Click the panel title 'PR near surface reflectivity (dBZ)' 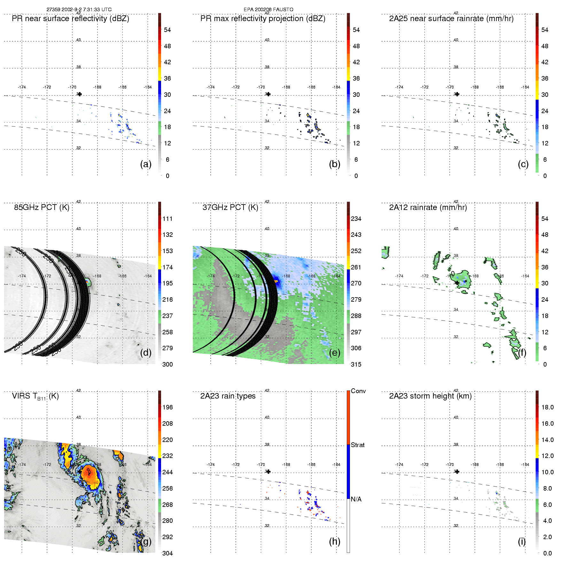click(70, 19)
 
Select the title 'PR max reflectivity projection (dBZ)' click(263, 19)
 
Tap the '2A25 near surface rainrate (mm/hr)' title click(451, 19)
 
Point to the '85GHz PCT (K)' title click(42, 207)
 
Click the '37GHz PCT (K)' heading click(230, 207)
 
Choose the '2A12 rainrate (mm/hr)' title click(428, 207)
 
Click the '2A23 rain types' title click(228, 396)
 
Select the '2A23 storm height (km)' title click(430, 396)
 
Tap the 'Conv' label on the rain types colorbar click(358, 391)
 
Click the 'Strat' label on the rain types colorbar click(358, 445)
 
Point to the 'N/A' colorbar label click(356, 499)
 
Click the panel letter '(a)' click(146, 164)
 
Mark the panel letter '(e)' click(335, 353)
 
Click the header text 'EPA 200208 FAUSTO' click(268, 10)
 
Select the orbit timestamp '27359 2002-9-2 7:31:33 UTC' click(79, 10)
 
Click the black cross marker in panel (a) click(80, 94)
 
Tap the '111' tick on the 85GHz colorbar click(167, 219)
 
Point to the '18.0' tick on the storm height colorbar click(547, 407)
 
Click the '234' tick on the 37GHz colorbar click(356, 219)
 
